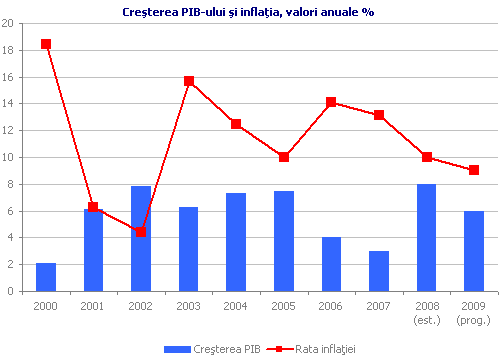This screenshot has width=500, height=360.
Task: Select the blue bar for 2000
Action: (46, 277)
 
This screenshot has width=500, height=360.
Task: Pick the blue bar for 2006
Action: (331, 264)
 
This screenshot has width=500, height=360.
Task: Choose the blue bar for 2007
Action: (379, 271)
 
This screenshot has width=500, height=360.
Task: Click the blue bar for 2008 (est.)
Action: (426, 238)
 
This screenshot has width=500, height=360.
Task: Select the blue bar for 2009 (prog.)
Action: (474, 251)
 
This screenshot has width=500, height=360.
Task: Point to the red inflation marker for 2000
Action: (46, 44)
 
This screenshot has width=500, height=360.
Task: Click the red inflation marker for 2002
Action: (141, 232)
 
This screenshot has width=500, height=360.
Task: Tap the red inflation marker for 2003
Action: (189, 81)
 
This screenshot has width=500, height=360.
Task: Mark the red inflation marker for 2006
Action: (331, 102)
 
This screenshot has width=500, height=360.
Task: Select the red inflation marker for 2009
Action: (474, 170)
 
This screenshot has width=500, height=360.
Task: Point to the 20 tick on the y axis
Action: (8, 23)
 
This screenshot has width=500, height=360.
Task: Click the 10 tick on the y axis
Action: (8, 157)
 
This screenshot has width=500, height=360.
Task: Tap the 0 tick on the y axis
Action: (11, 291)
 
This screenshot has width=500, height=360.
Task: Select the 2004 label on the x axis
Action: (236, 304)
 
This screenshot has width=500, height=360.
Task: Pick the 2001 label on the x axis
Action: (93, 304)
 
